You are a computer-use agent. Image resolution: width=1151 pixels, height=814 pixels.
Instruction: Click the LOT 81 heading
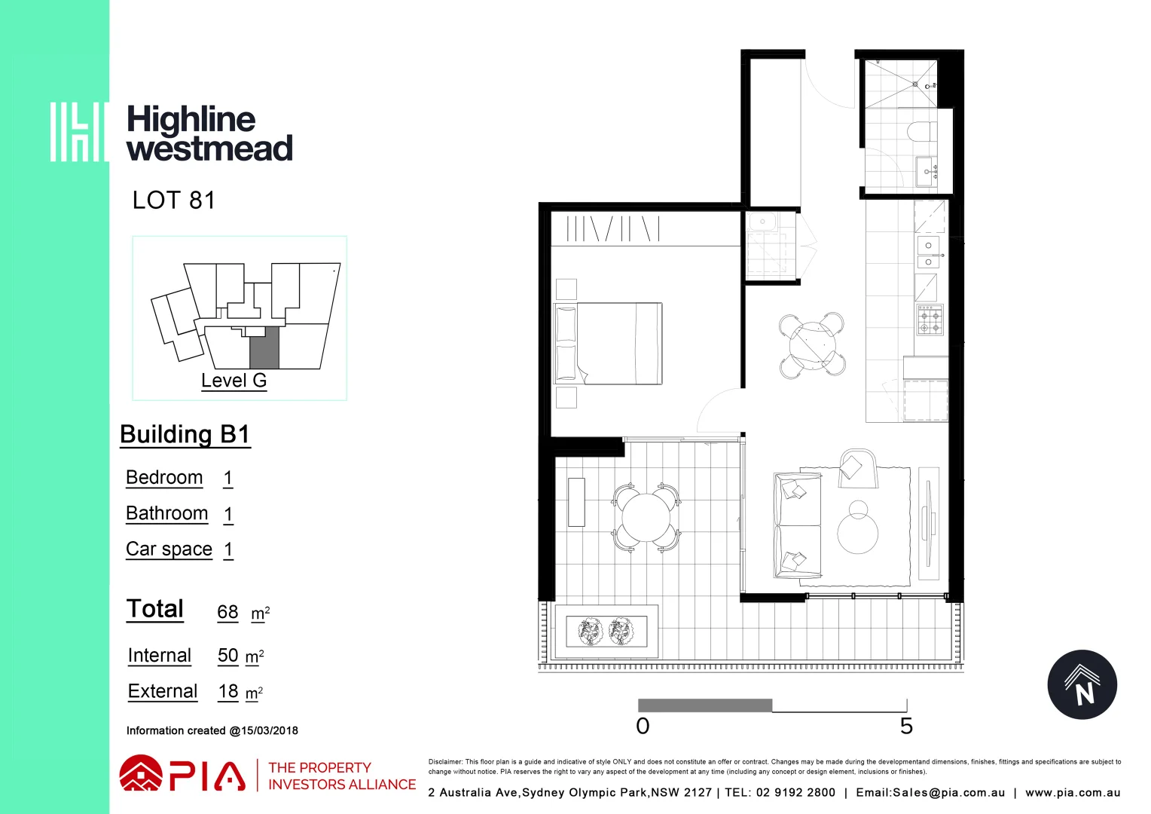[x=173, y=200]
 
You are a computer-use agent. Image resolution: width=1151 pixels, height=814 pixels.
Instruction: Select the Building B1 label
[x=185, y=435]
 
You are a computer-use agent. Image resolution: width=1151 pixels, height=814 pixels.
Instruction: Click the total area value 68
[x=227, y=612]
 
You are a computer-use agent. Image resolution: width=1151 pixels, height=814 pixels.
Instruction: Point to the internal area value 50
[x=227, y=656]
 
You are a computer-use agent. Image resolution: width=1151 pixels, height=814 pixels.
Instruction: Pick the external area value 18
[x=228, y=691]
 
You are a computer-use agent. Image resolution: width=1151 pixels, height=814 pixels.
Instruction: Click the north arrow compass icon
[x=1082, y=685]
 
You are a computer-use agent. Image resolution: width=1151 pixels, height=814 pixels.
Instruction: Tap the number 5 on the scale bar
[x=906, y=727]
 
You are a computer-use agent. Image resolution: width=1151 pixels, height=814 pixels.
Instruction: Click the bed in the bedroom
[x=608, y=344]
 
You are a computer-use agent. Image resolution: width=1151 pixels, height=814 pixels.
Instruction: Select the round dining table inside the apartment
[x=811, y=345]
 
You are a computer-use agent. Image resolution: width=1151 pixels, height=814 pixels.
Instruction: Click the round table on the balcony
[x=646, y=518]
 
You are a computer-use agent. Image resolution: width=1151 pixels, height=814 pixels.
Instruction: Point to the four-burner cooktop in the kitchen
[x=930, y=320]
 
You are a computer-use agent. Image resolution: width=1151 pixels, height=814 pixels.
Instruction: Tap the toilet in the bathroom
[x=920, y=132]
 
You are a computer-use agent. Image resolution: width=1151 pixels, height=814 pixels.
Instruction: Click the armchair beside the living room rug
[x=857, y=468]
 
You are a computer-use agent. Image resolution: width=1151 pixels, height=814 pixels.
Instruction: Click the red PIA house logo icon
[x=140, y=774]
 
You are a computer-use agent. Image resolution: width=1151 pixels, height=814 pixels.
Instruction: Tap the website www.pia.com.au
[x=1073, y=793]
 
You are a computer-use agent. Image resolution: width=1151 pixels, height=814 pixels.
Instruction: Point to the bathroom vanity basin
[x=926, y=172]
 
